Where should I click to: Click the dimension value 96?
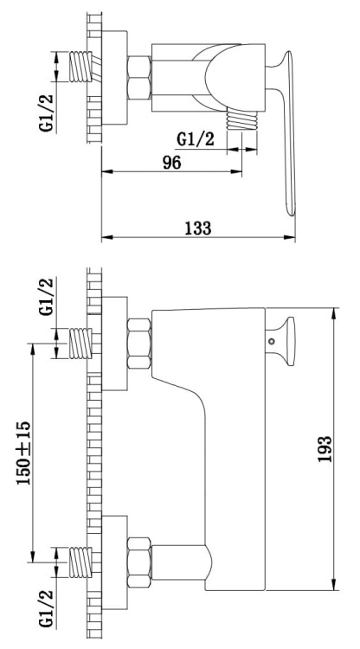(171, 163)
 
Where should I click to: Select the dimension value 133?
(198, 228)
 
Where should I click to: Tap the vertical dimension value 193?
(325, 449)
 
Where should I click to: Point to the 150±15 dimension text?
(23, 453)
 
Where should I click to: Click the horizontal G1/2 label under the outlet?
(196, 139)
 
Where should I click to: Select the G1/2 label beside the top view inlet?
(47, 113)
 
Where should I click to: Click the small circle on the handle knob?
(272, 342)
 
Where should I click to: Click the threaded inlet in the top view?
(80, 67)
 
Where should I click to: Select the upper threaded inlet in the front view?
(80, 344)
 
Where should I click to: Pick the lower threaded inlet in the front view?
(80, 562)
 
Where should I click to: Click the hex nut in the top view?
(139, 78)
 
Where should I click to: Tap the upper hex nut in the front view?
(139, 344)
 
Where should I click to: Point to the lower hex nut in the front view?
(139, 562)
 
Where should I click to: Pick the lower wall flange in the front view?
(114, 562)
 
